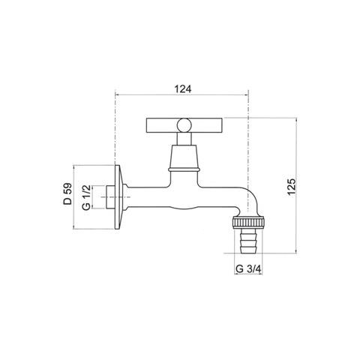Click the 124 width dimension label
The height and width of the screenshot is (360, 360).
point(183,89)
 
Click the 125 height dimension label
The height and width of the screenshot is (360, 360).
point(292,187)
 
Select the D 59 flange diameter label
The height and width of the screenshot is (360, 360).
point(67,194)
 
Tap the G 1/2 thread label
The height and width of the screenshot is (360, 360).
point(86,197)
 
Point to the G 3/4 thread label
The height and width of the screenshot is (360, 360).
point(248,269)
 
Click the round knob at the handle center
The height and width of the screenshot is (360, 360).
point(184,124)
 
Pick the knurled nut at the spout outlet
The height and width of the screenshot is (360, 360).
point(248,223)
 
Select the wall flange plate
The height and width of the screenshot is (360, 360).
point(118,197)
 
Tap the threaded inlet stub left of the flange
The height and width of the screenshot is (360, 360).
point(110,197)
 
